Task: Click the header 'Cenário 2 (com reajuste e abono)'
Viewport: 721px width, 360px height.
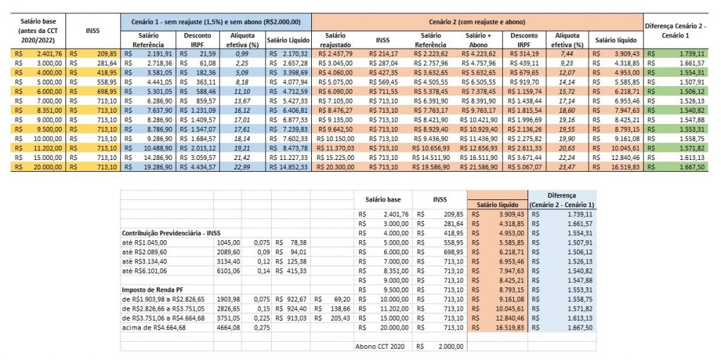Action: (x=476, y=22)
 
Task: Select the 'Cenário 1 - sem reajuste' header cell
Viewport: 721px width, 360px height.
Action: (x=215, y=22)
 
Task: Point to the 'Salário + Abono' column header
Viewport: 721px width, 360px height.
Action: (x=477, y=39)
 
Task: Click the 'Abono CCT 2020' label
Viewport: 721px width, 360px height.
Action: (x=380, y=346)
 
